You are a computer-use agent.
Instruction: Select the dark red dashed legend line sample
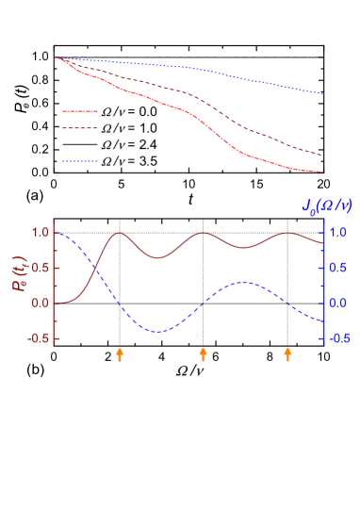pos(80,128)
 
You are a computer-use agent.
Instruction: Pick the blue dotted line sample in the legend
pos(80,161)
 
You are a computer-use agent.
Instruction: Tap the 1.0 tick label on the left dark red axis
pos(40,232)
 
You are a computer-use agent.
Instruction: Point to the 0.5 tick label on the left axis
pos(40,268)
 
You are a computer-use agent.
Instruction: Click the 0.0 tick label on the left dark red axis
pos(40,303)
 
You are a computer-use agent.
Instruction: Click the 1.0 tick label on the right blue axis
pos(339,232)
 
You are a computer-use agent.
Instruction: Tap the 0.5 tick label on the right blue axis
pos(339,268)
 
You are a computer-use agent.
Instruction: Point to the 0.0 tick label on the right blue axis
pos(339,303)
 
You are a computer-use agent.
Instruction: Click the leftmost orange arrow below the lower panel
pos(120,353)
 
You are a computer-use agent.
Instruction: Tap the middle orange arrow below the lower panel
pos(203,353)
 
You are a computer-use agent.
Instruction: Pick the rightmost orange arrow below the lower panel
pos(288,353)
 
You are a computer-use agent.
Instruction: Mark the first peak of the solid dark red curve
pos(120,233)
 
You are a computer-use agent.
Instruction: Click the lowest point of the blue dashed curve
pos(157,332)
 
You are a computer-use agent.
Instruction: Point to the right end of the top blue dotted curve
pos(323,93)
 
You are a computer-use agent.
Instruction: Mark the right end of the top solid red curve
pos(323,172)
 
